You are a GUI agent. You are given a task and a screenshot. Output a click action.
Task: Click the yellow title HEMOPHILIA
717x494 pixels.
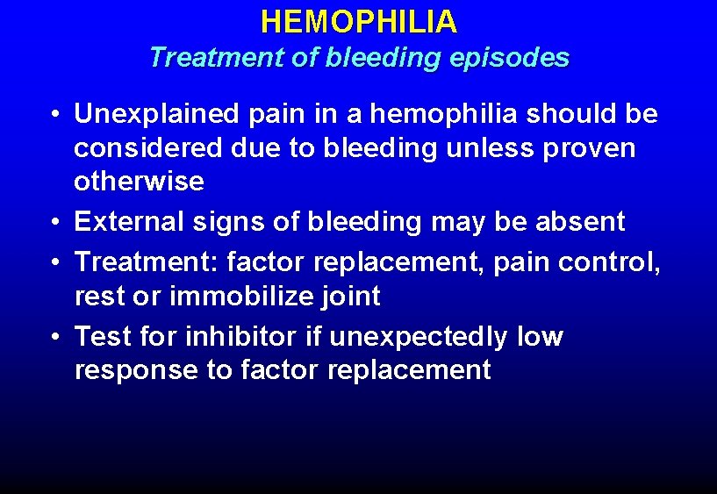point(358,22)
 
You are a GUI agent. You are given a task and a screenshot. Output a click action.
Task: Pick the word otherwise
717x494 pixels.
point(139,182)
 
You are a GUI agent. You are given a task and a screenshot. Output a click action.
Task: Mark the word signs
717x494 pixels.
point(226,222)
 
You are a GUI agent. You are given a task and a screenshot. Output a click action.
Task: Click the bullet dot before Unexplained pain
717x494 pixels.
point(54,115)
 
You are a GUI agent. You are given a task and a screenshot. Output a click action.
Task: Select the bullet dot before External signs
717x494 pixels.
point(54,223)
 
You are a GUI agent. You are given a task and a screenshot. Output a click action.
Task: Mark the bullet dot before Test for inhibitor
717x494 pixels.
point(54,337)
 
